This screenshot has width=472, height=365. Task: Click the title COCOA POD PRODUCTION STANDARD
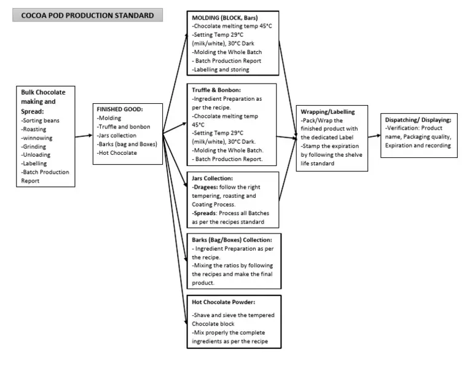point(87,15)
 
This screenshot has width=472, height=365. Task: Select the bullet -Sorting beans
point(41,120)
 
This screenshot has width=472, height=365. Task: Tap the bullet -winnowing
point(39,138)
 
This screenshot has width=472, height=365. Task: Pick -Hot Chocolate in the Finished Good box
point(117,152)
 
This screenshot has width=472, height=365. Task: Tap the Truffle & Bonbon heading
point(216,89)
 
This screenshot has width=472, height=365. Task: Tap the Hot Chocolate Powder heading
point(225,302)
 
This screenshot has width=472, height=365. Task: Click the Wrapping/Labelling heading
point(326,112)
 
